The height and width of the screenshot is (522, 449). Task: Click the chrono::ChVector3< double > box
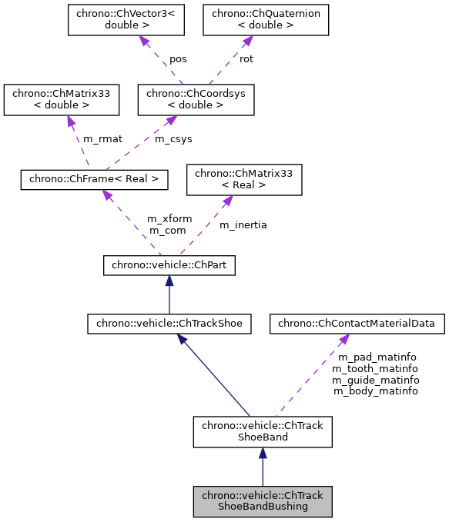click(126, 21)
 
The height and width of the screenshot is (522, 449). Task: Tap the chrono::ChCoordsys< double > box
click(196, 100)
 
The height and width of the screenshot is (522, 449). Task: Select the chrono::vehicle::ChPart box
click(169, 266)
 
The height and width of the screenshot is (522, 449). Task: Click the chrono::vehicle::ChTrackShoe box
click(169, 324)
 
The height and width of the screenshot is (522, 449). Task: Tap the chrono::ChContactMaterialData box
click(357, 324)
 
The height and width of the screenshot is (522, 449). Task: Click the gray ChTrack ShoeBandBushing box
click(262, 501)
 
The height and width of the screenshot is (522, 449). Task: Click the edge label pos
click(179, 59)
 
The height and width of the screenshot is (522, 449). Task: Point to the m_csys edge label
click(174, 139)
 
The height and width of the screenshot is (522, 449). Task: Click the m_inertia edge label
click(243, 224)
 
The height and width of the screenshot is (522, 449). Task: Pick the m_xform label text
click(169, 219)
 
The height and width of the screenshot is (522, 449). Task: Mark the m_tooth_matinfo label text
click(377, 369)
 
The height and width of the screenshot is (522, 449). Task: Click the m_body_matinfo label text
click(375, 391)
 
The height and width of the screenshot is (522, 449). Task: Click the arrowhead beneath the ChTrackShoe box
click(182, 339)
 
